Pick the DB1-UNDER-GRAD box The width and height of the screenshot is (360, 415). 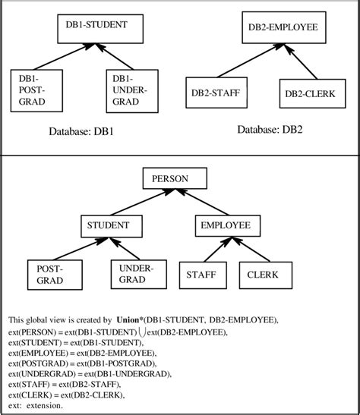click(x=130, y=90)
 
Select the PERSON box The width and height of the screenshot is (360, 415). click(x=175, y=180)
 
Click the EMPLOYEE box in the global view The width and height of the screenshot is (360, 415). click(x=225, y=225)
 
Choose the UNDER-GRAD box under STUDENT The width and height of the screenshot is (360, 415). click(x=137, y=274)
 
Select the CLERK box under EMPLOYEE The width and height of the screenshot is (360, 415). click(x=263, y=274)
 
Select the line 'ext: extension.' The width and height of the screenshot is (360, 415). click(x=39, y=406)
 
